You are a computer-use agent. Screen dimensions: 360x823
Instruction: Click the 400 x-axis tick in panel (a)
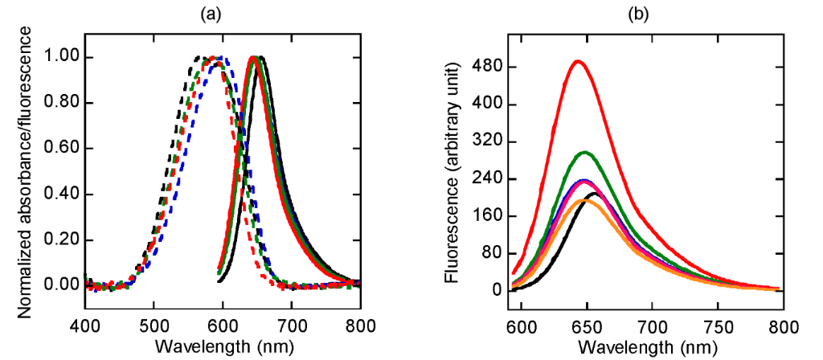84,325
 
